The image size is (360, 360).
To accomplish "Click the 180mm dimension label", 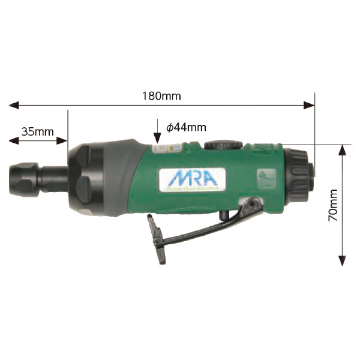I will [x=162, y=95].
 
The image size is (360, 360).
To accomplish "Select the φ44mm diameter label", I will [x=186, y=127].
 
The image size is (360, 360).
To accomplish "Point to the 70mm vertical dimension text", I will [x=334, y=204].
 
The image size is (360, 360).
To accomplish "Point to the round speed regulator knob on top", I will [x=218, y=146].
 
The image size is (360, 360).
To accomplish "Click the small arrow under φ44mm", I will [x=157, y=133].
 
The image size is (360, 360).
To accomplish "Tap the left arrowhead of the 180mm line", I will [x=13, y=106].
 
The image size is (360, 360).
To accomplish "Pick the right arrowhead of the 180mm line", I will [x=310, y=106].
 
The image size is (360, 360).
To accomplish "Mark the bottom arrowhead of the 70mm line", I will [x=341, y=260].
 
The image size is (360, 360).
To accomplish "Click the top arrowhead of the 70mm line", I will [x=341, y=148].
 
